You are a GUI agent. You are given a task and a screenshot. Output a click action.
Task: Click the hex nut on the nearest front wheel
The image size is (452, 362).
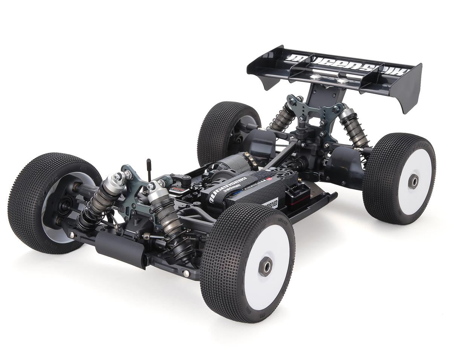pyautogui.click(x=266, y=267)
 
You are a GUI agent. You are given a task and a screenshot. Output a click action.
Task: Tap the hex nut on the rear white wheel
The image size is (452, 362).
pyautogui.click(x=413, y=181)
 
